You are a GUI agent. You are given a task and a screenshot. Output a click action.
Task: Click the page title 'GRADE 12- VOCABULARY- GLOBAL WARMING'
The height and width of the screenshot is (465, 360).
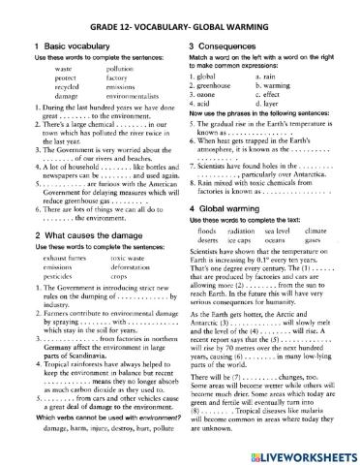179,15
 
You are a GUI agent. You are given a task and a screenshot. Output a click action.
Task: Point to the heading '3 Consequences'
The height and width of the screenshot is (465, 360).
226,46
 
